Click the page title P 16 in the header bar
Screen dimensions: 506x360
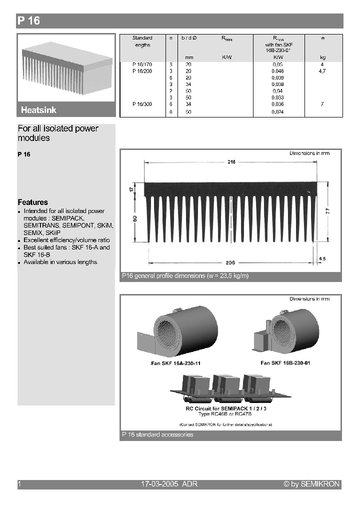tap(28, 21)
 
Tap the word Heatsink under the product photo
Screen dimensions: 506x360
tap(38, 110)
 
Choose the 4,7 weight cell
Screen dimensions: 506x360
tap(322, 71)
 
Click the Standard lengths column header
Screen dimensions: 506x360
tap(142, 41)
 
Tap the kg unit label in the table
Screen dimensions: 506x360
tap(322, 57)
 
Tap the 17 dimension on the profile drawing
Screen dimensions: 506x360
tap(131, 190)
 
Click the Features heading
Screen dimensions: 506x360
tap(32, 202)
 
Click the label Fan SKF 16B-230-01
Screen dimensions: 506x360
tap(285, 363)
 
